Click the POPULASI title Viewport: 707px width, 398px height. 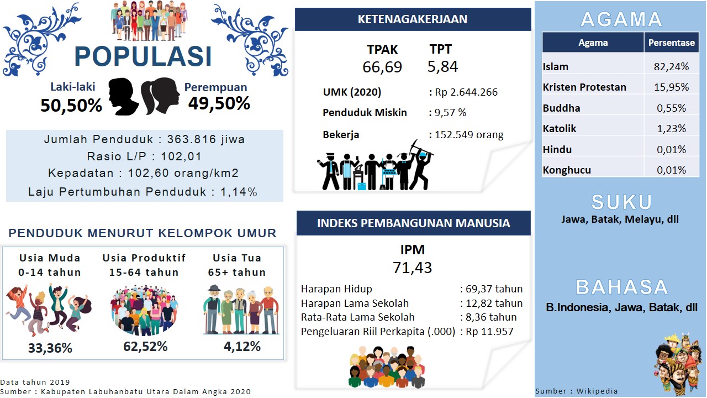tap(143, 56)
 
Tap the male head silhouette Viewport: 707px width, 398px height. tap(123, 96)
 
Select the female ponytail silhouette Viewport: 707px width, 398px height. tap(160, 96)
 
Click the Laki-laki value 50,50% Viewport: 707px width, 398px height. tap(71, 106)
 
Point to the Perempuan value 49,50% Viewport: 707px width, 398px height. tap(219, 103)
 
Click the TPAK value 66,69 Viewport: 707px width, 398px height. tap(382, 67)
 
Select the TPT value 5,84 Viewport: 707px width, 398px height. tap(442, 66)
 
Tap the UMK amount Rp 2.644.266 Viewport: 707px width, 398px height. tap(466, 92)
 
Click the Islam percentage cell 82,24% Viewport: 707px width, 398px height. tap(671, 67)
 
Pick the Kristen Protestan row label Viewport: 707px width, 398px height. tap(584, 87)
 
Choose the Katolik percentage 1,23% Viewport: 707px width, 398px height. tap(671, 129)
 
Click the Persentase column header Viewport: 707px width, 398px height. tap(671, 43)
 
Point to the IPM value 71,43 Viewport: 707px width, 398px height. tap(412, 268)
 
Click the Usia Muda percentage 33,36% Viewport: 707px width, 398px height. tap(50, 348)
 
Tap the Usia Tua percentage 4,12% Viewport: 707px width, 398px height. tap(242, 347)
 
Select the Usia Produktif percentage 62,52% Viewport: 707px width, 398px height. tap(145, 347)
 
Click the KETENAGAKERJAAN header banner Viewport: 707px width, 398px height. tap(413, 19)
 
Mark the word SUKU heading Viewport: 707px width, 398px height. tap(621, 202)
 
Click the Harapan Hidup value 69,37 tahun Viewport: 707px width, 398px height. tap(494, 289)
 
